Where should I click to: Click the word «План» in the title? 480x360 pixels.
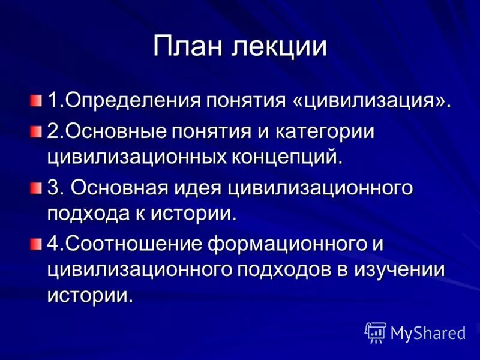(190, 47)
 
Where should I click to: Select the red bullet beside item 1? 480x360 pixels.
(37, 98)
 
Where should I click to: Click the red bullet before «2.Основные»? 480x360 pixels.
(37, 131)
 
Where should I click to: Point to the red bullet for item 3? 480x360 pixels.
(37, 188)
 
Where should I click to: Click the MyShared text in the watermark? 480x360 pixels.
(428, 332)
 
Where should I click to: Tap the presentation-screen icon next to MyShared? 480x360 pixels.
(375, 332)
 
